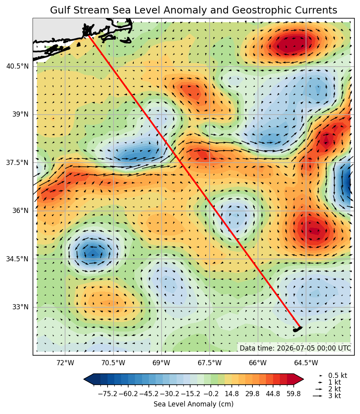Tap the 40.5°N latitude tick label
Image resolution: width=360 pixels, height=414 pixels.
click(17, 66)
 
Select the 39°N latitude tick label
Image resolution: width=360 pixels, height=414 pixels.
click(20, 114)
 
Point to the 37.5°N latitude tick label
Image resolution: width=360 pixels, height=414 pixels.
click(17, 162)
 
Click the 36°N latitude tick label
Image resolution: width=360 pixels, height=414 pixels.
click(20, 211)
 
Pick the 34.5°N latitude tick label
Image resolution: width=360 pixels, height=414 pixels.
click(17, 259)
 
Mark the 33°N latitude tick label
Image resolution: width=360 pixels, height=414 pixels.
click(20, 307)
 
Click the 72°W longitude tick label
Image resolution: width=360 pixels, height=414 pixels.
click(65, 363)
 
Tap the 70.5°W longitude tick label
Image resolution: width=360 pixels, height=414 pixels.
click(114, 363)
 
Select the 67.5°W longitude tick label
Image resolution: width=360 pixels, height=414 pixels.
click(210, 363)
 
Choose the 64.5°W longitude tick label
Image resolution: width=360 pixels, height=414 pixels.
click(306, 363)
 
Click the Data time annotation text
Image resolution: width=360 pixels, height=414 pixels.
click(296, 348)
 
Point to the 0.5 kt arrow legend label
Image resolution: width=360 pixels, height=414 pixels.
click(338, 376)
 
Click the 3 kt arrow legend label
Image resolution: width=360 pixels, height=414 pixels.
click(335, 396)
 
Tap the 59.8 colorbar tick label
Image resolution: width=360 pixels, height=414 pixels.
click(294, 394)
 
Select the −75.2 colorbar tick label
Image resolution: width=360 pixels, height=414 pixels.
click(108, 394)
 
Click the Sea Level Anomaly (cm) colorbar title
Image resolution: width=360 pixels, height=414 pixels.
click(193, 404)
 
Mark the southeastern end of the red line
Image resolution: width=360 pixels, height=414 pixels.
click(300, 327)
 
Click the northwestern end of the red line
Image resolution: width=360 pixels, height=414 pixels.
click(89, 36)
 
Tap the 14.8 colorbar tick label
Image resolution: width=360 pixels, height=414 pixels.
click(232, 394)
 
